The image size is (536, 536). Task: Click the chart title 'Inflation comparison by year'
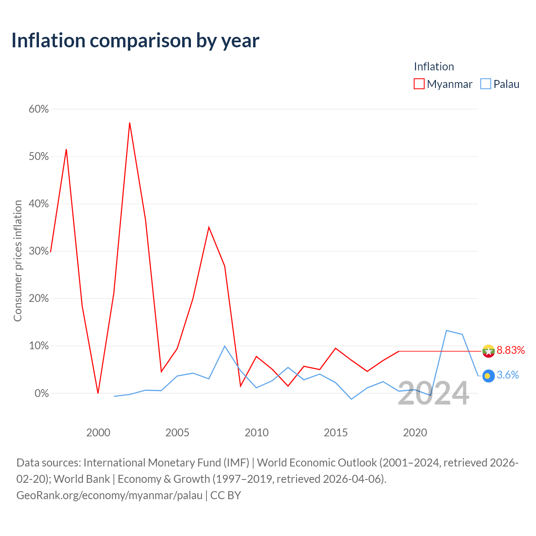pyautogui.click(x=135, y=41)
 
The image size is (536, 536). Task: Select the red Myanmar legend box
pyautogui.click(x=419, y=84)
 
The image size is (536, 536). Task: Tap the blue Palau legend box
pyautogui.click(x=485, y=84)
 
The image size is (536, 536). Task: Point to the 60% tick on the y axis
pyautogui.click(x=39, y=109)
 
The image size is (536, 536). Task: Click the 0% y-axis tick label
pyautogui.click(x=41, y=393)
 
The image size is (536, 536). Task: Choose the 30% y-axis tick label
pyautogui.click(x=39, y=251)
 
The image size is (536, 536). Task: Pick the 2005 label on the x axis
pyautogui.click(x=177, y=433)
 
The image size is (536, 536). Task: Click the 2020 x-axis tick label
pyautogui.click(x=415, y=433)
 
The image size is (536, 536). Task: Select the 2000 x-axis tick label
pyautogui.click(x=98, y=433)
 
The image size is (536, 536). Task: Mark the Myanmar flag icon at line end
pyautogui.click(x=488, y=351)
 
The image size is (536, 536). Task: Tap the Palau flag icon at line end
pyautogui.click(x=488, y=376)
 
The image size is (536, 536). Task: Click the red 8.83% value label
pyautogui.click(x=511, y=350)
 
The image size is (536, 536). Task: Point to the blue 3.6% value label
pyautogui.click(x=508, y=375)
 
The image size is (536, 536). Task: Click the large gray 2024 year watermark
pyautogui.click(x=433, y=393)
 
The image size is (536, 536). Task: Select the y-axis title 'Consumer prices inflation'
pyautogui.click(x=18, y=261)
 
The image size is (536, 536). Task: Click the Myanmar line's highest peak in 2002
pyautogui.click(x=130, y=123)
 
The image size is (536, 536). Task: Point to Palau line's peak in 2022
pyautogui.click(x=446, y=330)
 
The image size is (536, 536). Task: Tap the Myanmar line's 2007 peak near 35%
pyautogui.click(x=209, y=227)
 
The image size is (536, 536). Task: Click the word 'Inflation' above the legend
pyautogui.click(x=434, y=67)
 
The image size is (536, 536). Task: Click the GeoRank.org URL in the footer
pyautogui.click(x=109, y=495)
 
